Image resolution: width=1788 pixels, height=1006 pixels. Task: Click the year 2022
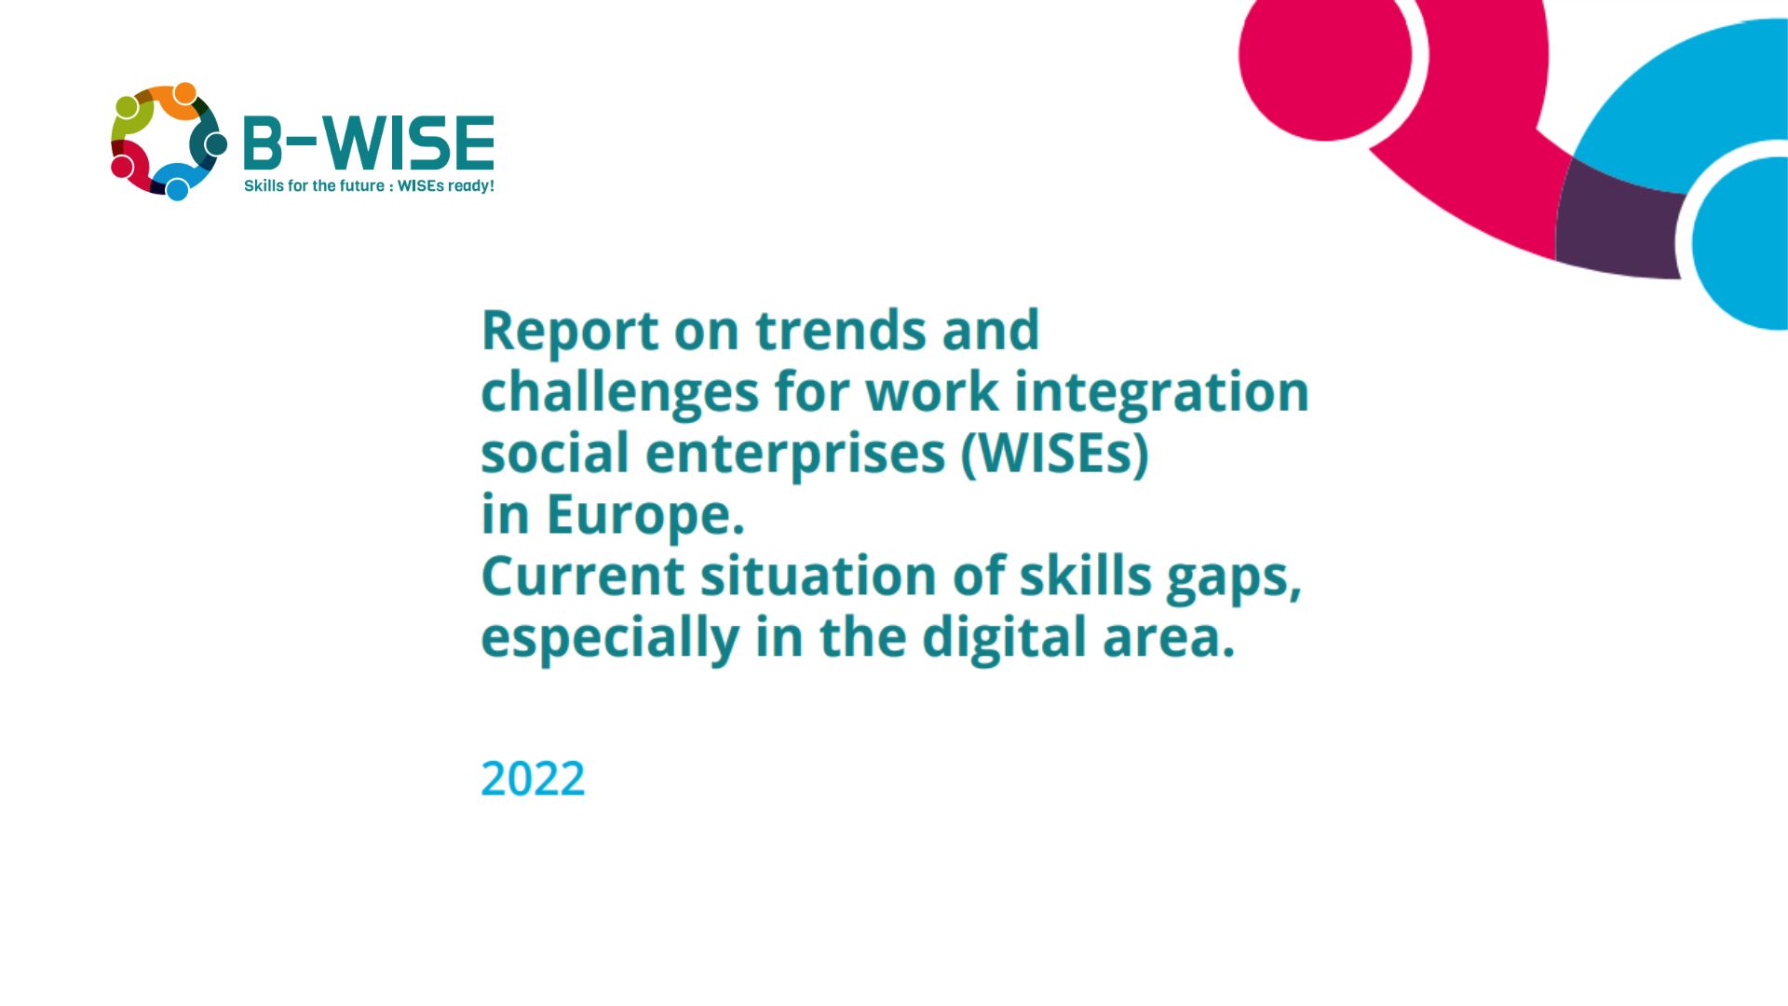point(533,779)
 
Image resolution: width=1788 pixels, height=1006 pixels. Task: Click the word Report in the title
point(570,332)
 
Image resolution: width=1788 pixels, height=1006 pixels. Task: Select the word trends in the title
point(841,331)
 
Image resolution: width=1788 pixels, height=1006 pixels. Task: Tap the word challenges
point(620,393)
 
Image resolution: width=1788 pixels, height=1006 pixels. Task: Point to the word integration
point(1162,393)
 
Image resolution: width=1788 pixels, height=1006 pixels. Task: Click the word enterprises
point(795,455)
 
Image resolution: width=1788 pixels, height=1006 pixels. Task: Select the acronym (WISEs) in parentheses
point(1055,454)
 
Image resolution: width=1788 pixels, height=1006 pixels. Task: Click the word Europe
point(645,516)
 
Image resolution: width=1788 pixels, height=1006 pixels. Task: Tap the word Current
point(583,576)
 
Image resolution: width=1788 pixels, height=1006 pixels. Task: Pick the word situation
point(819,576)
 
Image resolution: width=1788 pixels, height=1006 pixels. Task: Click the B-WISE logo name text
point(369,143)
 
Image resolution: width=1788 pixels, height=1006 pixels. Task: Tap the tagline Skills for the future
point(314,185)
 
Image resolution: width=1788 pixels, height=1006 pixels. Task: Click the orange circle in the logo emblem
point(185,93)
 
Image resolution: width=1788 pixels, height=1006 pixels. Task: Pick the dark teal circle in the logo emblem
point(216,143)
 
